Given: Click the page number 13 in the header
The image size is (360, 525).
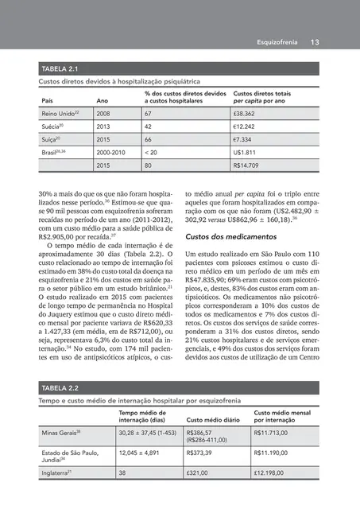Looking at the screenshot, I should pos(315,42).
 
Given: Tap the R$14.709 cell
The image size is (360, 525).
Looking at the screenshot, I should pos(249,165).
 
